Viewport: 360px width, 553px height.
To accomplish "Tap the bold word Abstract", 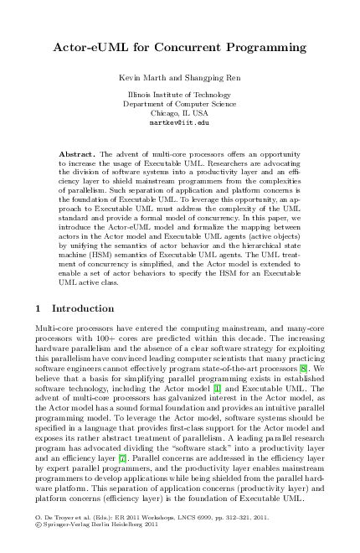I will (78, 156).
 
